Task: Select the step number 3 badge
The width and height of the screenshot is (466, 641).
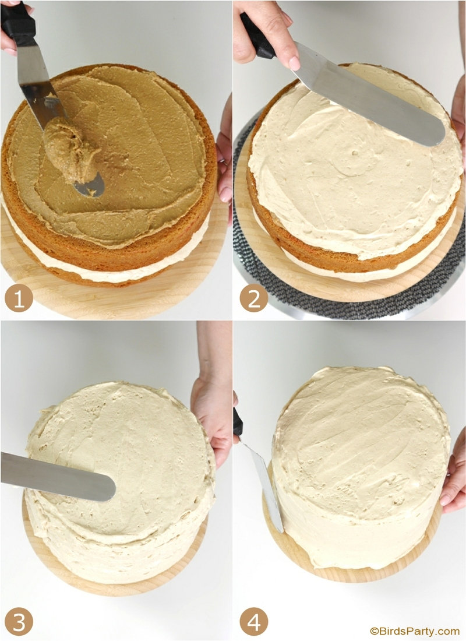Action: pos(19,622)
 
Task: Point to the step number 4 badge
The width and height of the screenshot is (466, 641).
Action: pos(254,622)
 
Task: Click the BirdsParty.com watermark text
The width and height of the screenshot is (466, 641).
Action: pos(415,631)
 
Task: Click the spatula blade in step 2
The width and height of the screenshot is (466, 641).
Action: pos(368,94)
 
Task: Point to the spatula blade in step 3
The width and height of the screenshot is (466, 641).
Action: pos(57,476)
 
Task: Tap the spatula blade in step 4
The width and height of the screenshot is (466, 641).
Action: pos(265,487)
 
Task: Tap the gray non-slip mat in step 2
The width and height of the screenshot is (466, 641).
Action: pos(347,294)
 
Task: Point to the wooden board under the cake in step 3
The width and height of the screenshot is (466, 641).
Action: pos(114,580)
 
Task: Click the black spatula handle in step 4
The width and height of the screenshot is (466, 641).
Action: pos(238,423)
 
